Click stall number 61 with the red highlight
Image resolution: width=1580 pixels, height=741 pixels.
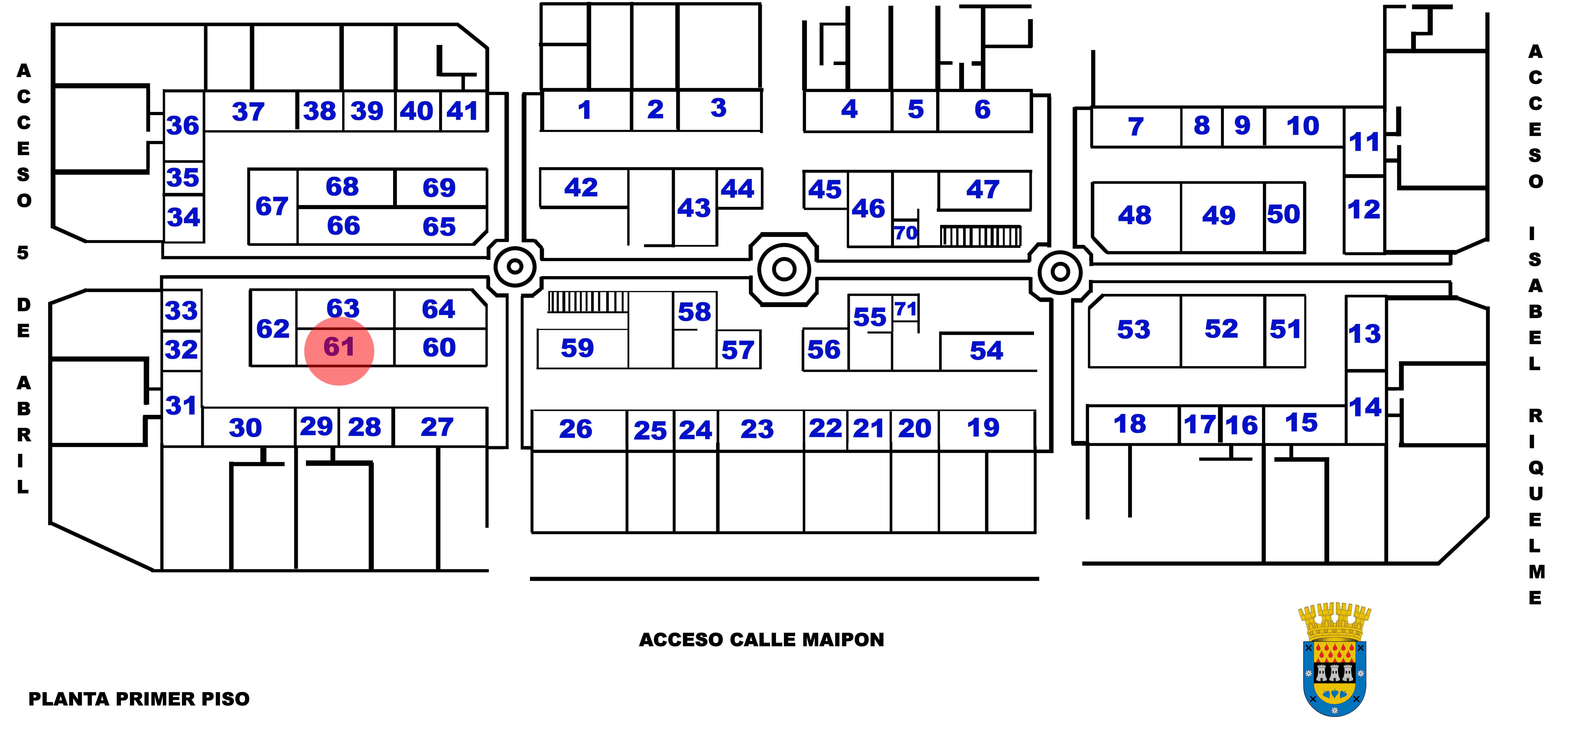pos(339,347)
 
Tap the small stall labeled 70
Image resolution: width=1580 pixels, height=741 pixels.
pos(905,233)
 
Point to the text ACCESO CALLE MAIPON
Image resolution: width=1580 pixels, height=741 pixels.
pos(761,640)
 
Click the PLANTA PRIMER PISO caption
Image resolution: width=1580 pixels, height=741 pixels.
pos(139,699)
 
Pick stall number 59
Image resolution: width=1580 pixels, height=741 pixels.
pos(577,348)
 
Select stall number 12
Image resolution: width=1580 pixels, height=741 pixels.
pos(1364,210)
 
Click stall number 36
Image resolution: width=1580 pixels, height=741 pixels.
pos(183,126)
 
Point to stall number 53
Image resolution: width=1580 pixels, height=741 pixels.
pos(1133,330)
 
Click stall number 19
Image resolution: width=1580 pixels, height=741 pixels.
pos(983,428)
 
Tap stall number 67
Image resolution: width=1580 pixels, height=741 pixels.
pos(272,207)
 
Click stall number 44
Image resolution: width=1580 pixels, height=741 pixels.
pos(737,189)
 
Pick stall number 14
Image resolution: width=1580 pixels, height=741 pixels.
pos(1365,407)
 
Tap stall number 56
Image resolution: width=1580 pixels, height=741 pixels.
pos(824,350)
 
